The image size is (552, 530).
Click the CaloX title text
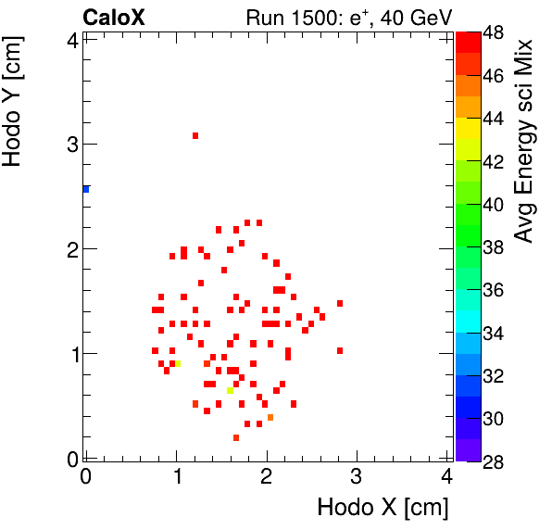click(113, 17)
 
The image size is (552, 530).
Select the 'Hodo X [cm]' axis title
click(383, 508)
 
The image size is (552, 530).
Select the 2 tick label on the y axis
click(71, 248)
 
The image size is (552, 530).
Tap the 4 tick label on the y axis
click(71, 39)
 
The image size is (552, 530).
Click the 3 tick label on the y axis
click(71, 144)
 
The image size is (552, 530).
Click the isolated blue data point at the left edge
click(86, 189)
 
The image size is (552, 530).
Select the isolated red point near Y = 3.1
click(195, 135)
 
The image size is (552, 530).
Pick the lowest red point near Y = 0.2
click(236, 437)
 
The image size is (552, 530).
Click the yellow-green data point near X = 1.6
click(230, 390)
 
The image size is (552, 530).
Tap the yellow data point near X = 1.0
click(178, 364)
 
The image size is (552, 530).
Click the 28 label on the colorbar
click(493, 461)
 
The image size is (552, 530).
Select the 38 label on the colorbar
click(493, 247)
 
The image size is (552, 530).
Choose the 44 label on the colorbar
click(493, 119)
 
